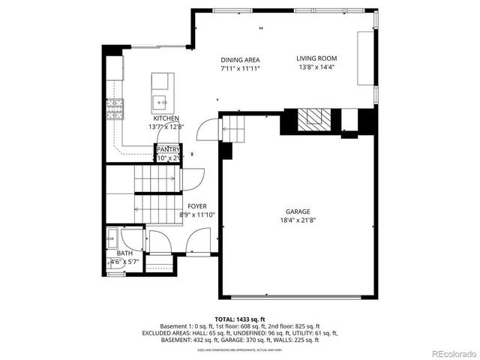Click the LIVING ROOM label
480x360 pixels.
click(x=316, y=58)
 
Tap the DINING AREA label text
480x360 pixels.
click(x=239, y=60)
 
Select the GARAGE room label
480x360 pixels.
click(x=297, y=211)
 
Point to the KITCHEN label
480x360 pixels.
click(x=166, y=119)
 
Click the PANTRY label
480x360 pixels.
click(x=168, y=150)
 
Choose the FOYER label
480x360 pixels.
click(x=197, y=206)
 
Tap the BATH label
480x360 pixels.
click(x=124, y=253)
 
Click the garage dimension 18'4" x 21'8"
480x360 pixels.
click(x=297, y=220)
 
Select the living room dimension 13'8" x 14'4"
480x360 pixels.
click(x=316, y=67)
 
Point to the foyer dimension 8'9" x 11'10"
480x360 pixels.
click(x=197, y=215)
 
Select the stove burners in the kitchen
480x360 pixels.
click(x=115, y=109)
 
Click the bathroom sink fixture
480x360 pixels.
click(x=112, y=242)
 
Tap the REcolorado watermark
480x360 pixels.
click(x=452, y=353)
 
